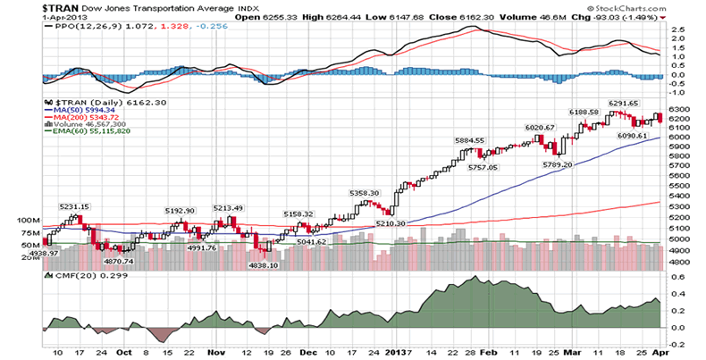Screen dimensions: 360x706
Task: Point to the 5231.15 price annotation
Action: coord(74,206)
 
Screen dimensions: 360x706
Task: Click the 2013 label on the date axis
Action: coord(398,353)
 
